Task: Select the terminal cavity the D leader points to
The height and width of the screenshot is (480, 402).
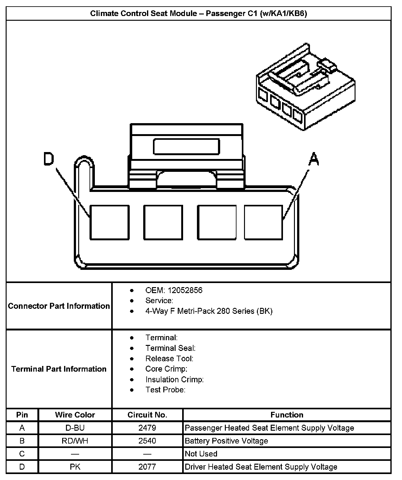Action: tap(110, 222)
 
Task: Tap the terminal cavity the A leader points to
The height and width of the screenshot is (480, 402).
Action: tap(263, 222)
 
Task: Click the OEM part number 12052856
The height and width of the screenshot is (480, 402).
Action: tap(185, 290)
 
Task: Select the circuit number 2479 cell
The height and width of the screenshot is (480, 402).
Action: tap(147, 428)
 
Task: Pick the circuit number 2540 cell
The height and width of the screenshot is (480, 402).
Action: tap(147, 441)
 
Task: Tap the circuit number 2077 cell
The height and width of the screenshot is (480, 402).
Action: tap(147, 467)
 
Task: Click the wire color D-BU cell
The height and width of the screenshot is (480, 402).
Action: tap(75, 428)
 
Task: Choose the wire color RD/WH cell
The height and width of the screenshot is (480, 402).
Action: tap(75, 441)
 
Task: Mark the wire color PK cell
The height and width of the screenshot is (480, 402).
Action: tap(75, 467)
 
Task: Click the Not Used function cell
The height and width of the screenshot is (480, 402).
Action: tap(201, 454)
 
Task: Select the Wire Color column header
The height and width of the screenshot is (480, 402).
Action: tap(75, 415)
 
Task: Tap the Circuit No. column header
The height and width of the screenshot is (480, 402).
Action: tap(147, 415)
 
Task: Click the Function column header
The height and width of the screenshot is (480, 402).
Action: tap(287, 415)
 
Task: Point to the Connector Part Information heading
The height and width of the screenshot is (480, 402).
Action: tap(59, 306)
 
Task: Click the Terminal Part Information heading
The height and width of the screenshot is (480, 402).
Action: tap(59, 369)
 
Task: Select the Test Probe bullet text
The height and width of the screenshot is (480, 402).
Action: tap(165, 390)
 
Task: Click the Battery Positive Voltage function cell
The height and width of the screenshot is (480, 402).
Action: tap(226, 441)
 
